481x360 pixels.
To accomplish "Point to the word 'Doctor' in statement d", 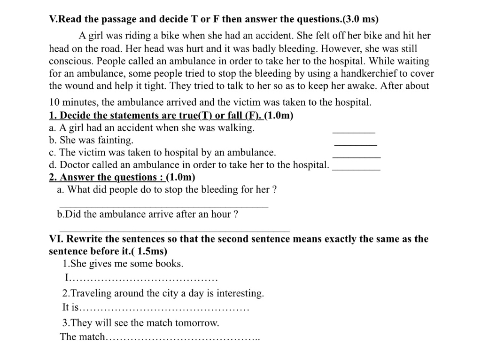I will click(x=74, y=164).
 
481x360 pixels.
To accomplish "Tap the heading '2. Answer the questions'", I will click(x=107, y=177).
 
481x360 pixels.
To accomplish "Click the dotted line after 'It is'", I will click(x=164, y=309).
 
